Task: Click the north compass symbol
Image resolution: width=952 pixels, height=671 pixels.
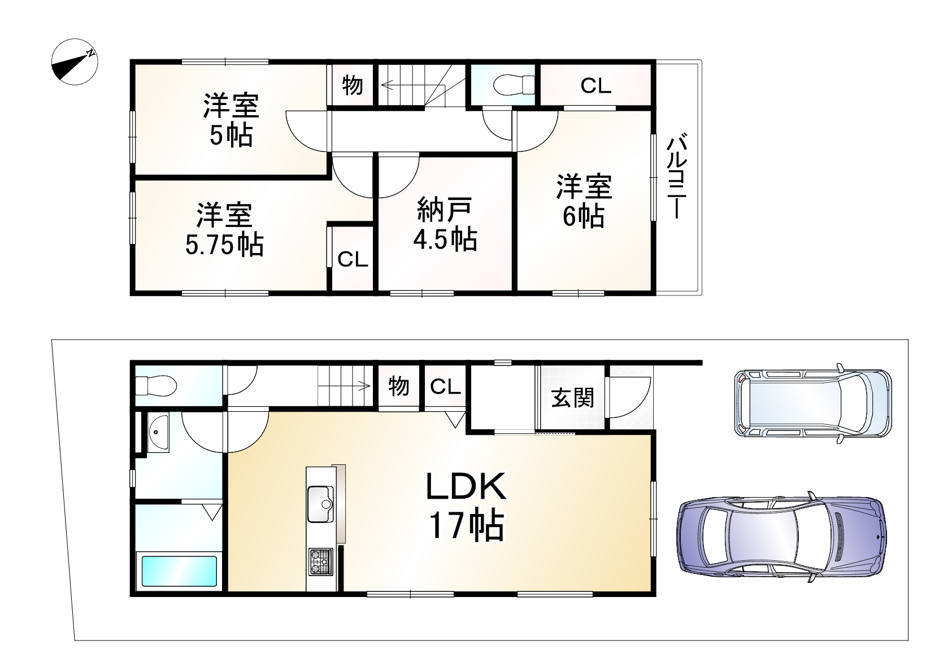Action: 74,63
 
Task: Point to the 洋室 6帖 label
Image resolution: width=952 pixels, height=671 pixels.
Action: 584,201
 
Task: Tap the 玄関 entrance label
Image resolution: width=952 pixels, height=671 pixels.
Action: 573,398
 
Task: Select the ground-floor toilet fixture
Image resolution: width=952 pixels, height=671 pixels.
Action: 156,386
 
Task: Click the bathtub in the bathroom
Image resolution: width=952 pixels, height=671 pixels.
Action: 179,571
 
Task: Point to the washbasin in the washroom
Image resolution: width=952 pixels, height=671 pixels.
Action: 158,432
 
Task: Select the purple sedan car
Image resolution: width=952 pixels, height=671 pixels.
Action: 781,534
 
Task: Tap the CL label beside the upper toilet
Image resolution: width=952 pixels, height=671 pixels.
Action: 595,86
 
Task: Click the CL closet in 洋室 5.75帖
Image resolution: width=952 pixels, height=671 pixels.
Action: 353,260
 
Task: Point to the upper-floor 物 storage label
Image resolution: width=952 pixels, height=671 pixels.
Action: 353,86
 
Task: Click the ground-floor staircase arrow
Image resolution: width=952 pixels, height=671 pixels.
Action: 345,387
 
